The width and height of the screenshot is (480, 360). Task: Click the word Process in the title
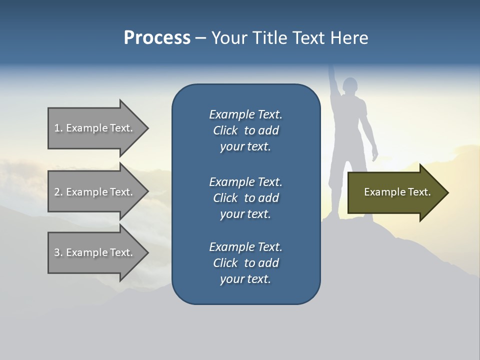pyautogui.click(x=157, y=38)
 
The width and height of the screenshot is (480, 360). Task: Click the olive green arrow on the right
pyautogui.click(x=395, y=192)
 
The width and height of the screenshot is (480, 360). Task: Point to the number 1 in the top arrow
pyautogui.click(x=57, y=128)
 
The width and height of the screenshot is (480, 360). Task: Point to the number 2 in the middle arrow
pyautogui.click(x=57, y=192)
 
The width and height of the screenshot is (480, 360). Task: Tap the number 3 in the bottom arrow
pyautogui.click(x=57, y=252)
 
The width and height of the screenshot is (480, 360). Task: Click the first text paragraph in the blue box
pyautogui.click(x=245, y=130)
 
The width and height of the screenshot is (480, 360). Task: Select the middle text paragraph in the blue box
pyautogui.click(x=245, y=198)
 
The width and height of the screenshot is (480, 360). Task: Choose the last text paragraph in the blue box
pyautogui.click(x=245, y=263)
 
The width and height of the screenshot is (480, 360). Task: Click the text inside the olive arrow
pyautogui.click(x=397, y=192)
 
